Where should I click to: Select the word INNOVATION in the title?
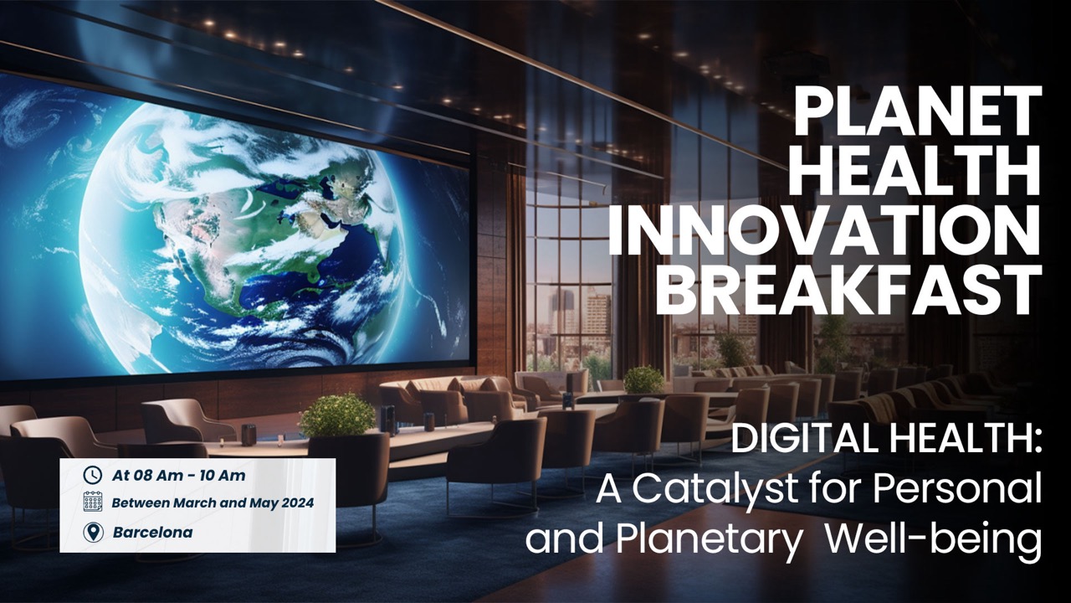(824, 229)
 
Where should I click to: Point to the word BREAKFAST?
(848, 288)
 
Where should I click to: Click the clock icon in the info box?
(93, 476)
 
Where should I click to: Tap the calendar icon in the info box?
(93, 502)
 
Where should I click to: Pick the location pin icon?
(93, 532)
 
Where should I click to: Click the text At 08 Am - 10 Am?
(179, 476)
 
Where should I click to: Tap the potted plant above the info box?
(336, 415)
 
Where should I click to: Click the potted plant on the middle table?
(643, 379)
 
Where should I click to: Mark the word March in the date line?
(193, 503)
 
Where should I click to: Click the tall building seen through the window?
(597, 318)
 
